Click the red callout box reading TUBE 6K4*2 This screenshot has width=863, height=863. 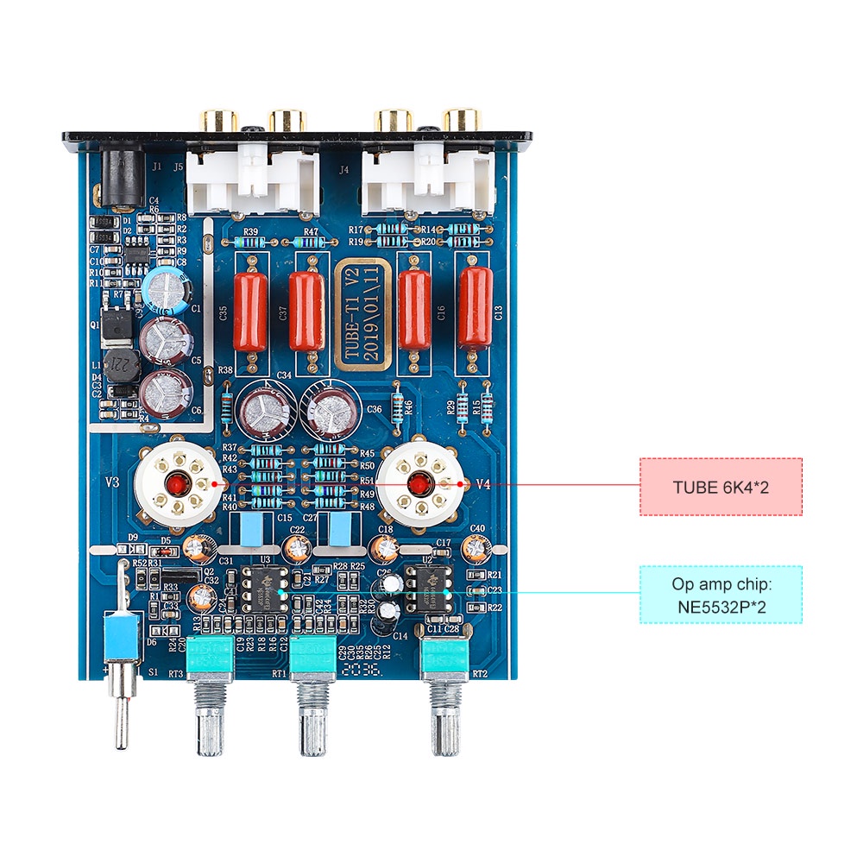tap(721, 487)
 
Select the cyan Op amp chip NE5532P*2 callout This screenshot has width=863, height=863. tap(721, 595)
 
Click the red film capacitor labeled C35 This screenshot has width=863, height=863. tap(251, 311)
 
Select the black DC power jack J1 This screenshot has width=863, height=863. tap(118, 178)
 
